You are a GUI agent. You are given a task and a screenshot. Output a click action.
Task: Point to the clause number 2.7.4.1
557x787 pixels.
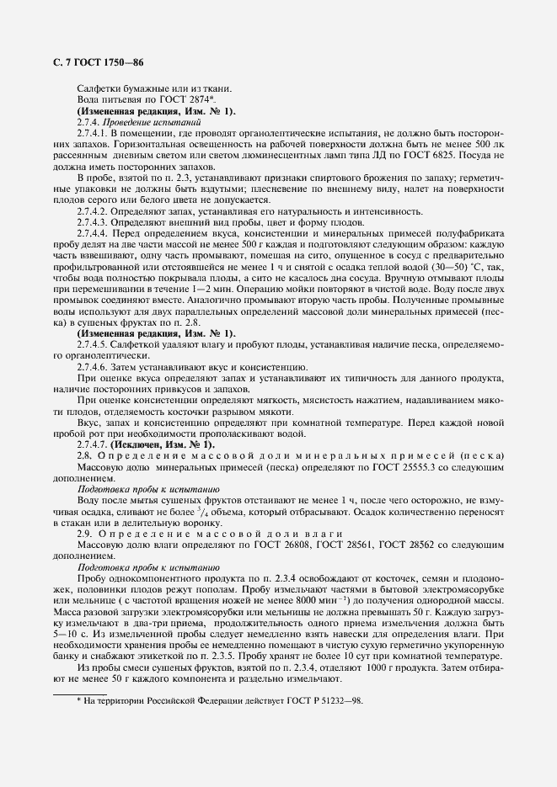click(91, 133)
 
